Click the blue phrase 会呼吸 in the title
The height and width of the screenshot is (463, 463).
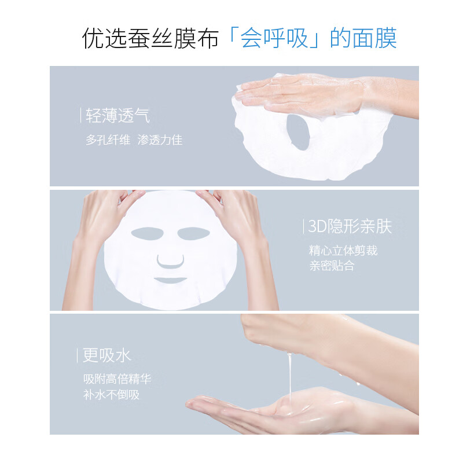coord(274,39)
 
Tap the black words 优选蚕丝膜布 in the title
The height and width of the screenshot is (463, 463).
coord(150,39)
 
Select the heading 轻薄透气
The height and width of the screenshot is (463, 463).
coord(117,116)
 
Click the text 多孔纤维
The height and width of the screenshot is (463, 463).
coord(108,140)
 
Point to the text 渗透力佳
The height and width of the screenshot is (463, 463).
coord(160,140)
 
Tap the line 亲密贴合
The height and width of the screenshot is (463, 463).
coord(332,266)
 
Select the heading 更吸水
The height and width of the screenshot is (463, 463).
coord(107,355)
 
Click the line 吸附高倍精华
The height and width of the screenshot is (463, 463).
coord(117,380)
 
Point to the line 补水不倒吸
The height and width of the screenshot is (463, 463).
coord(111,395)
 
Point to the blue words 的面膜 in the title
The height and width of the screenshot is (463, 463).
coord(363,39)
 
